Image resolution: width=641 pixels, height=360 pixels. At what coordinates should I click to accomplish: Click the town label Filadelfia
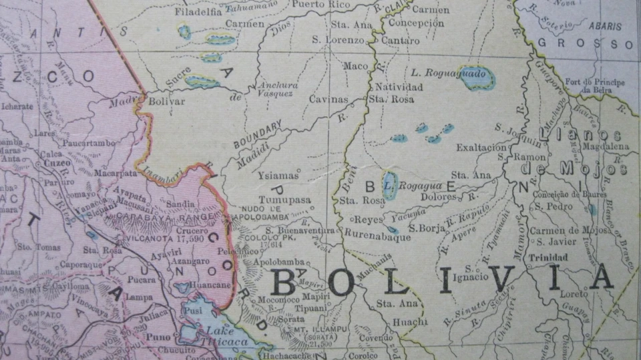click(x=198, y=12)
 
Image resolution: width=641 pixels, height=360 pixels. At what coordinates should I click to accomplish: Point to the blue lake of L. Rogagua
click(x=390, y=182)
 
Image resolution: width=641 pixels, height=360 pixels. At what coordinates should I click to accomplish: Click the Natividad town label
click(x=399, y=87)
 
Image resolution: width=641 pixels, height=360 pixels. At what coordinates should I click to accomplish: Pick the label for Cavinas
click(x=329, y=100)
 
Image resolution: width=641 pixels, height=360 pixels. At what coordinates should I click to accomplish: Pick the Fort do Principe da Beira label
click(x=594, y=86)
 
